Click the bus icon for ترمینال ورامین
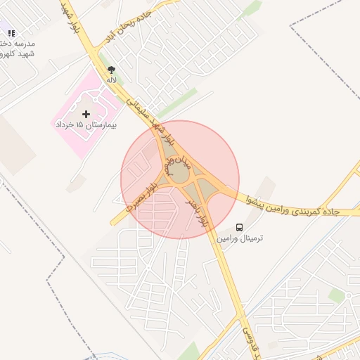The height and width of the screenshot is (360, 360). (x=240, y=228)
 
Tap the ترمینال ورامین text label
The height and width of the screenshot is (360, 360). (x=240, y=239)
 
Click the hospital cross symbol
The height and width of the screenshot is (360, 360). (x=86, y=114)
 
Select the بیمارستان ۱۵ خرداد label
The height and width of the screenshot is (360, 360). (x=86, y=124)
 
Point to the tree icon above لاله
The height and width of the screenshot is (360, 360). (x=111, y=69)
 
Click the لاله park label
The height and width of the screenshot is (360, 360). (x=111, y=80)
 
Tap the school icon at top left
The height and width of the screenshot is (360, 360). (x=11, y=32)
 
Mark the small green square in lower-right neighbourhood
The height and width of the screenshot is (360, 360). (x=337, y=295)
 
